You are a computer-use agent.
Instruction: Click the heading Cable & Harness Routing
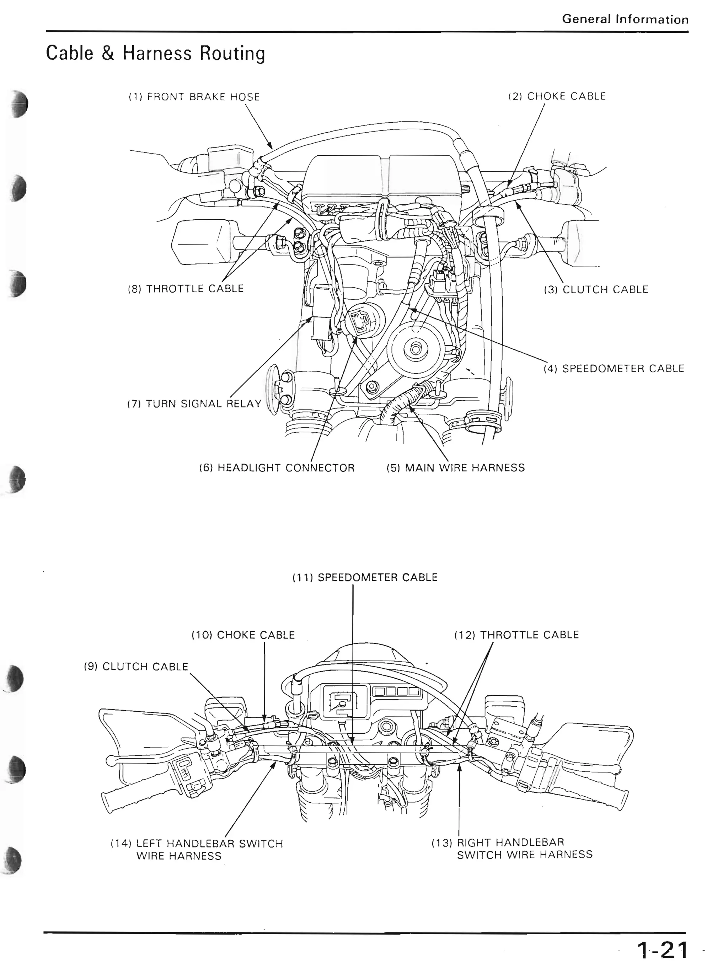pyautogui.click(x=155, y=53)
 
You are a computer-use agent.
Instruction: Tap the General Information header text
pyautogui.click(x=625, y=19)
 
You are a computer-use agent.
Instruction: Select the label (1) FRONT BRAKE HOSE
pyautogui.click(x=194, y=97)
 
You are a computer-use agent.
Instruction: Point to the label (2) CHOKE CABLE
pyautogui.click(x=557, y=96)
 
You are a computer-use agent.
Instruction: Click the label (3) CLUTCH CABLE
pyautogui.click(x=595, y=290)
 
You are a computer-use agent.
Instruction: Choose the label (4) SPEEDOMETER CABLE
pyautogui.click(x=614, y=369)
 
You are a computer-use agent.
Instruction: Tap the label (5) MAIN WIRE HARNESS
pyautogui.click(x=455, y=468)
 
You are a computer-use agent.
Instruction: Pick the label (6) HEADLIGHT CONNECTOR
pyautogui.click(x=277, y=468)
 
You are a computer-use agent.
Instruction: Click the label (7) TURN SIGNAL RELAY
pyautogui.click(x=194, y=403)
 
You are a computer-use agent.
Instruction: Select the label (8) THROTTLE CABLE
pyautogui.click(x=186, y=289)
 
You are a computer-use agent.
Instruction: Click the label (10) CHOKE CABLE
pyautogui.click(x=243, y=635)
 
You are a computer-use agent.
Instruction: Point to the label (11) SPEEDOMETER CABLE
pyautogui.click(x=364, y=577)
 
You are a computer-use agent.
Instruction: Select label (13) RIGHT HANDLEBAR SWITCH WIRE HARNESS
pyautogui.click(x=512, y=849)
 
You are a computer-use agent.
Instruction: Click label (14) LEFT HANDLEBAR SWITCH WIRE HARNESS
pyautogui.click(x=197, y=849)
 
